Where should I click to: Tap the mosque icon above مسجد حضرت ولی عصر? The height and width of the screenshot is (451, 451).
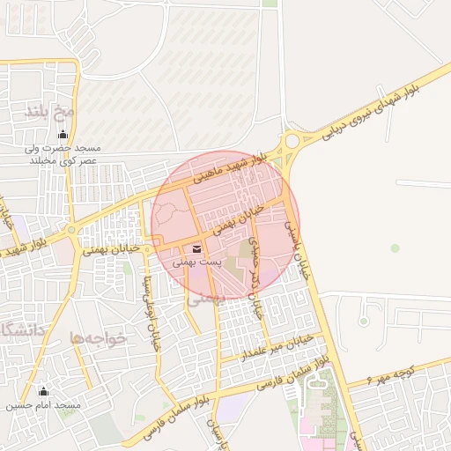point(63,135)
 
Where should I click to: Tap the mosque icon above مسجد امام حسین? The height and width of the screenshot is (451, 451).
point(44,391)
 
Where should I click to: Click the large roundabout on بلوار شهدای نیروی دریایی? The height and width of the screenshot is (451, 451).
point(290,142)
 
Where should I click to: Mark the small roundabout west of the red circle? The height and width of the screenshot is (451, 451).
point(71,230)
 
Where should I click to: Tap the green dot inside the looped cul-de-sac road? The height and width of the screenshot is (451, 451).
point(396,248)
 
